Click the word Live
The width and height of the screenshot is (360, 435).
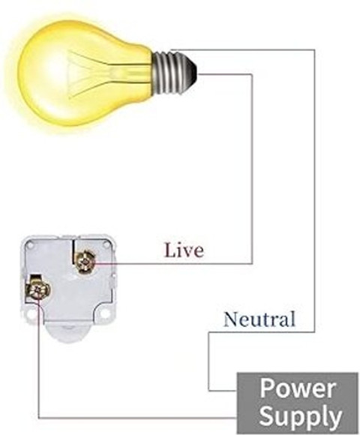[184, 250]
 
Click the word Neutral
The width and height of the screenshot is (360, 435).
[259, 319]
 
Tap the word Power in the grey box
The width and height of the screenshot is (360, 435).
[298, 388]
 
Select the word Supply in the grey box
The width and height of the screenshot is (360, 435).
[300, 415]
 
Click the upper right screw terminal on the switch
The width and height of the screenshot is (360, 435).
[86, 261]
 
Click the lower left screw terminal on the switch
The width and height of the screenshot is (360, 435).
[38, 289]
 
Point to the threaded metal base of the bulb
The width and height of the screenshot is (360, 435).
[169, 72]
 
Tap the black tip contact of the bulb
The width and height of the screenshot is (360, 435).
[192, 71]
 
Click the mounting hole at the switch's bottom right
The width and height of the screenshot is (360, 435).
[104, 313]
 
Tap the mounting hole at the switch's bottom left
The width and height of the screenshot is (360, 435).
[31, 314]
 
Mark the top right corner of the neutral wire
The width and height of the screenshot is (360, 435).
[314, 50]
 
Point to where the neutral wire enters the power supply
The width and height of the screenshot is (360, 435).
[236, 391]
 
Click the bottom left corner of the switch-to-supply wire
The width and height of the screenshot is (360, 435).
[39, 418]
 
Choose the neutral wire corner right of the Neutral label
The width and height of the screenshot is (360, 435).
[314, 331]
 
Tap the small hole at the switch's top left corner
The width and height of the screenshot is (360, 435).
[31, 244]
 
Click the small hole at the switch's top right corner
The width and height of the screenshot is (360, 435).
[106, 244]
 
